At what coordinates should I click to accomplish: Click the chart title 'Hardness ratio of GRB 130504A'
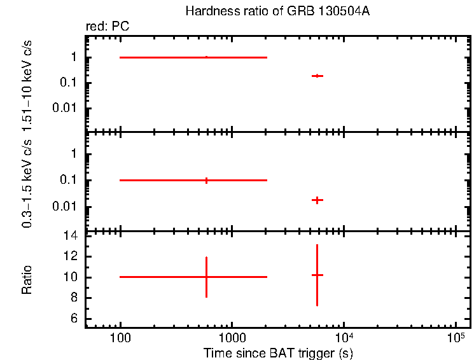pos(277,11)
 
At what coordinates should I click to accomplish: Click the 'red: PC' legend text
pos(108,27)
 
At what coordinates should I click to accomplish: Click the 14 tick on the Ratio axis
pos(71,236)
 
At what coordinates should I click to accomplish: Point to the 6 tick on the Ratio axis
pos(74,319)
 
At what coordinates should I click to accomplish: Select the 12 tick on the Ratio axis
pos(71,256)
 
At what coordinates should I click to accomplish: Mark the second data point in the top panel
pos(317,76)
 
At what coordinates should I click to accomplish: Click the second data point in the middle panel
pos(317,200)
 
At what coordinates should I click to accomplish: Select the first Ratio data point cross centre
pos(206,277)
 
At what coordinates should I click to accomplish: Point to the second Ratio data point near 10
pos(317,275)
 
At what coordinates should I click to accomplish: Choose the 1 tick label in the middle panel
pos(74,154)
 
